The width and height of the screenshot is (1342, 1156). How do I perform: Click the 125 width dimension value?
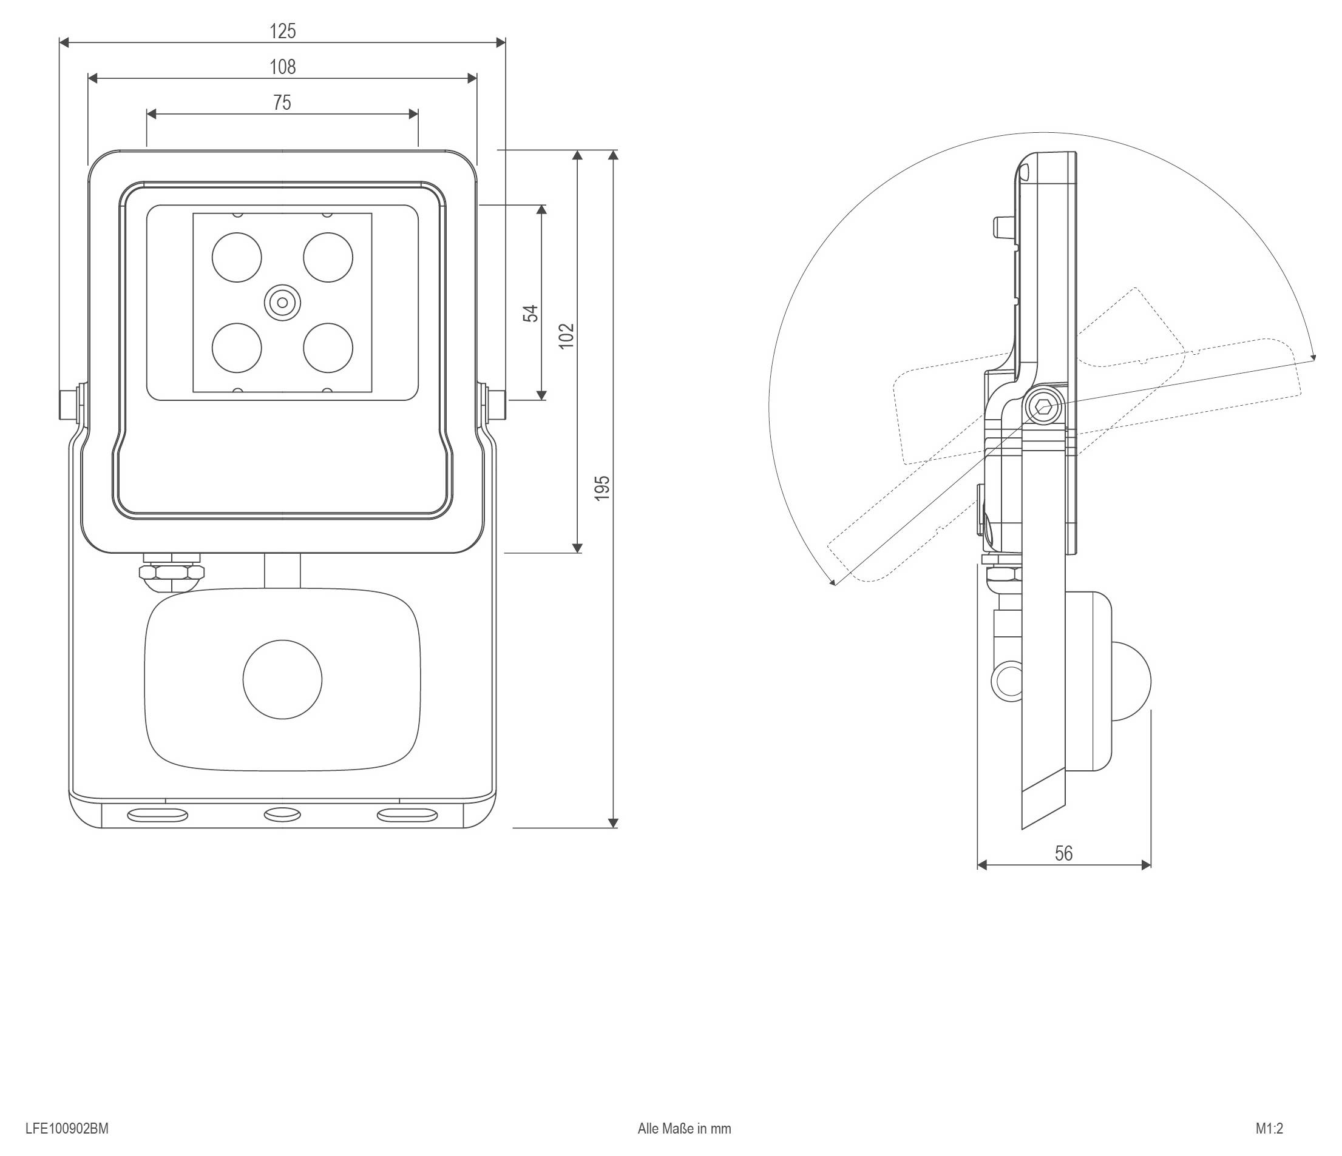282,31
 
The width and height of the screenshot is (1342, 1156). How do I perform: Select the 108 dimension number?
282,67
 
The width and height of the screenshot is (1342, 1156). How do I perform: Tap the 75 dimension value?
282,102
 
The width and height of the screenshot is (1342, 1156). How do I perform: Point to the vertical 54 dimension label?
530,314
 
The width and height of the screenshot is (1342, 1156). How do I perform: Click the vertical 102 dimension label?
566,336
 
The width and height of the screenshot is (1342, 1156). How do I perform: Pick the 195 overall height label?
602,488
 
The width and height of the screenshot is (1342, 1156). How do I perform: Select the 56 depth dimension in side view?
1063,853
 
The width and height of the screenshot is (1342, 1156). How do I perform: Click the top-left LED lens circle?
237,258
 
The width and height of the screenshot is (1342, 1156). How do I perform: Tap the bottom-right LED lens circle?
328,348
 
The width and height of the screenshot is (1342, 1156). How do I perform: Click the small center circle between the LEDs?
282,302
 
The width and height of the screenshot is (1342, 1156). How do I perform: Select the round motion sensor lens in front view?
282,680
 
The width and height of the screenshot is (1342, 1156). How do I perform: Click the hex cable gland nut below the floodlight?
172,572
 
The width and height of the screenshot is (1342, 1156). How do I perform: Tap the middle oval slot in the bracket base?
282,815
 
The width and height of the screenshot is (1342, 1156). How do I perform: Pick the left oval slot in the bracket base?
157,816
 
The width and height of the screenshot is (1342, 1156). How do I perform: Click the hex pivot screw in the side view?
1043,408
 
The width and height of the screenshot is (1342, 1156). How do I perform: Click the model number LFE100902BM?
67,1129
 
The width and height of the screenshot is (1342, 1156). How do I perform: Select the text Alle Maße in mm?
685,1129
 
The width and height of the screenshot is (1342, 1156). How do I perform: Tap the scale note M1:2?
1269,1129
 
